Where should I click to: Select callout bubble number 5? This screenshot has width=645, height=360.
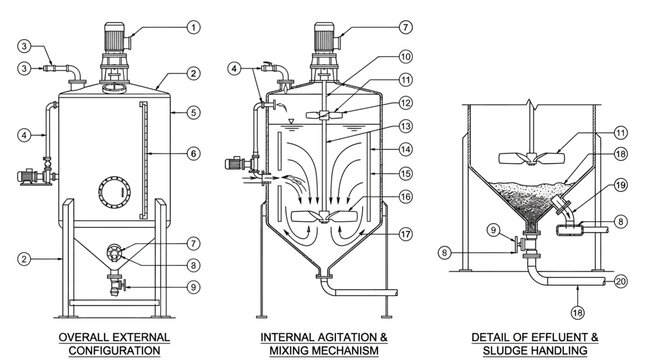coord(193,112)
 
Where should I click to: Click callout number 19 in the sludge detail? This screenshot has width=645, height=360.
coord(592,185)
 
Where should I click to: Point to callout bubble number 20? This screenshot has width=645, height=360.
coord(621,281)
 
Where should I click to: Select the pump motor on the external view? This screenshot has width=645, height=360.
coord(34,177)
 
